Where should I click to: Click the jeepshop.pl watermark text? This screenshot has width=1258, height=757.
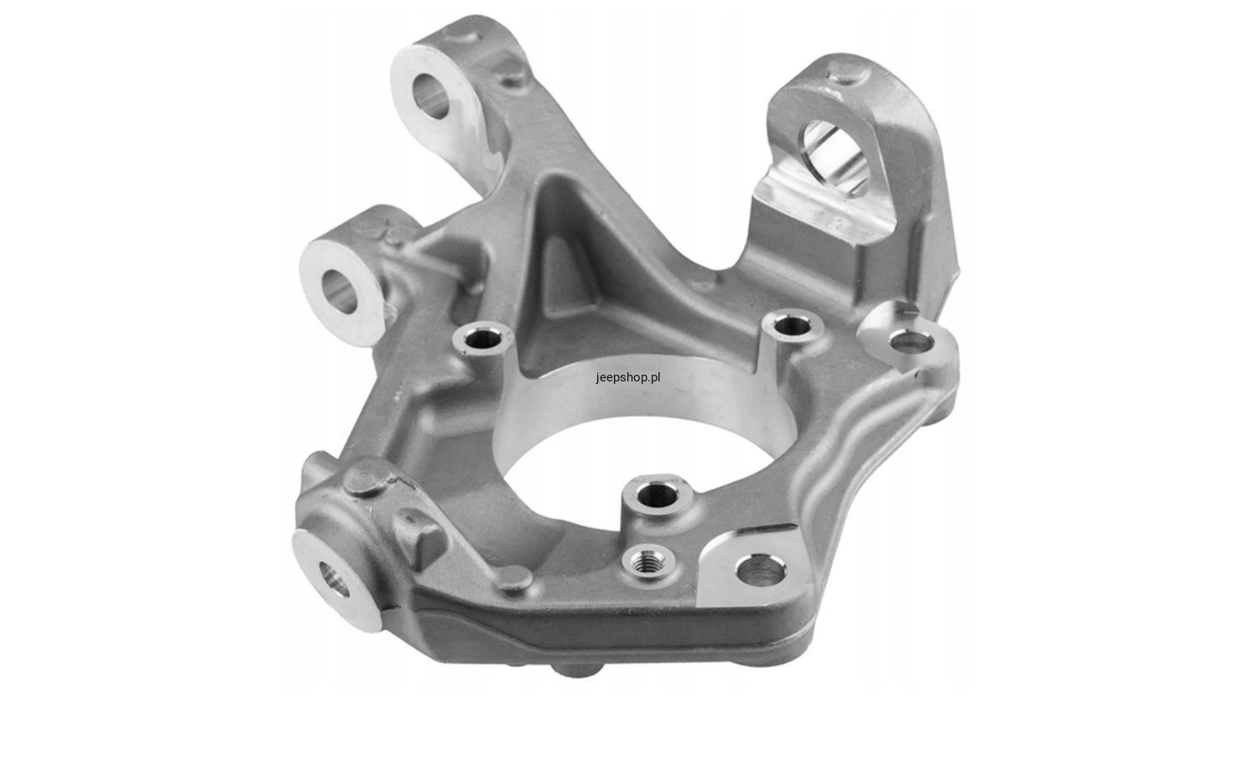[628, 377]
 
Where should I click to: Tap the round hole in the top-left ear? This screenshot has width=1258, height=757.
[431, 96]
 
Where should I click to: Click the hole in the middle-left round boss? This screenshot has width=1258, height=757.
[340, 292]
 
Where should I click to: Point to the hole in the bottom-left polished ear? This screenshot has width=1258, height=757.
[334, 579]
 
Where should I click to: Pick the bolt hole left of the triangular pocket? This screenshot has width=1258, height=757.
[483, 339]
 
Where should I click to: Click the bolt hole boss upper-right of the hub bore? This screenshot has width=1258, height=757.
[792, 325]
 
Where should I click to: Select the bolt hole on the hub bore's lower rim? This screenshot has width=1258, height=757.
[658, 494]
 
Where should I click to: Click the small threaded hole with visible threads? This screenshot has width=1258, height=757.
[647, 560]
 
